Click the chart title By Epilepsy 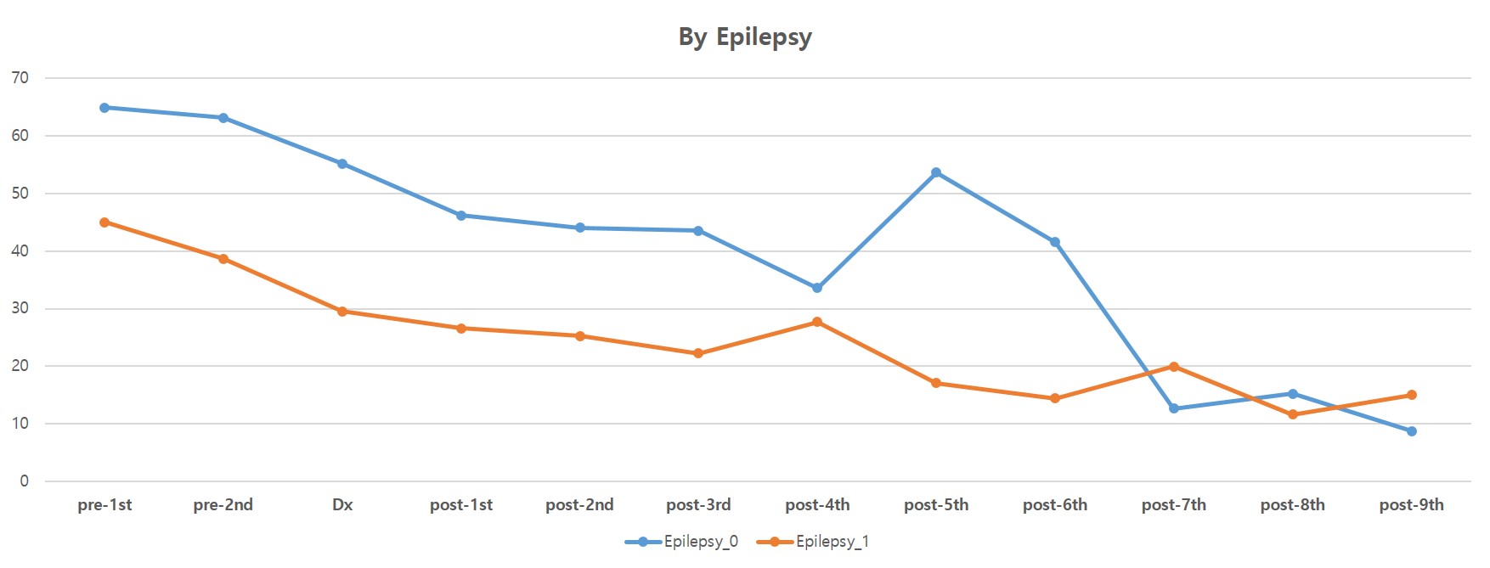pyautogui.click(x=745, y=37)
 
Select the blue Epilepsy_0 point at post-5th pyautogui.click(x=936, y=172)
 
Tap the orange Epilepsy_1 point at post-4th pyautogui.click(x=817, y=322)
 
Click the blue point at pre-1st pyautogui.click(x=104, y=108)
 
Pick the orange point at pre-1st pyautogui.click(x=104, y=222)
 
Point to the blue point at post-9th pyautogui.click(x=1412, y=431)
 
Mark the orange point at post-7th pyautogui.click(x=1174, y=367)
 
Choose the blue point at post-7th pyautogui.click(x=1174, y=408)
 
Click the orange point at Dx pyautogui.click(x=342, y=312)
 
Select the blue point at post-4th pyautogui.click(x=817, y=288)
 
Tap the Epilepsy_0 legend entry pyautogui.click(x=682, y=542)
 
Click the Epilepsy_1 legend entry pyautogui.click(x=814, y=542)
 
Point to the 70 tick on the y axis pyautogui.click(x=20, y=78)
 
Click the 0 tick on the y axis pyautogui.click(x=24, y=481)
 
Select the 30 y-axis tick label pyautogui.click(x=20, y=308)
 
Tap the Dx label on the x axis pyautogui.click(x=342, y=505)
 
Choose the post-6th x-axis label pyautogui.click(x=1055, y=505)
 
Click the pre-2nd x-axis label pyautogui.click(x=223, y=505)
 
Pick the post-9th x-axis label pyautogui.click(x=1412, y=505)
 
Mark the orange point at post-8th pyautogui.click(x=1293, y=414)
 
